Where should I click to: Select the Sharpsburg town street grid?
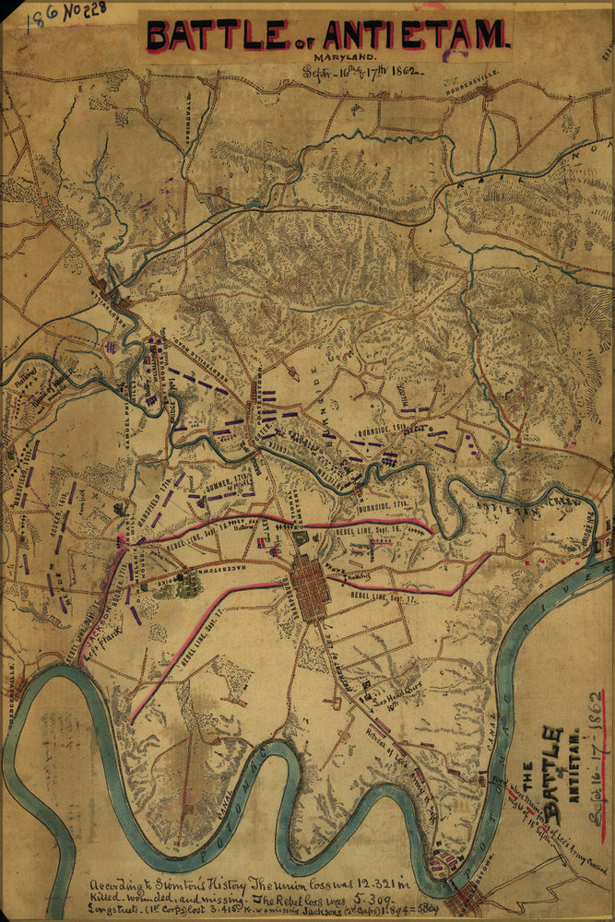309,586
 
